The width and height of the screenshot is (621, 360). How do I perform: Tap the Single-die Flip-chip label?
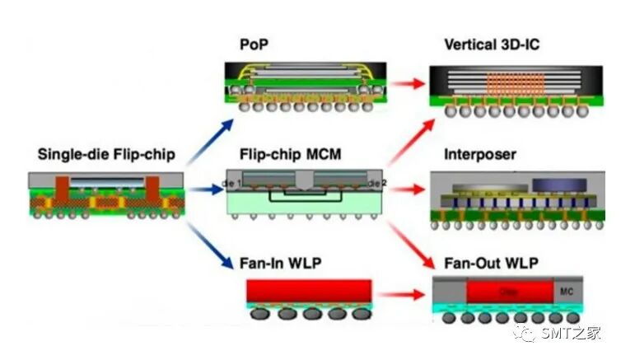tap(104, 153)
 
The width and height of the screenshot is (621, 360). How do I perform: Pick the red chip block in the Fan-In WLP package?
tap(307, 290)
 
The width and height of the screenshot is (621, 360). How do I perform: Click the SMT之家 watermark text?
tap(571, 334)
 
